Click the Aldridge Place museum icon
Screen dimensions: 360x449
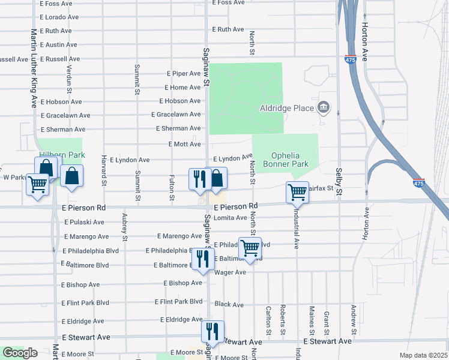(324, 107)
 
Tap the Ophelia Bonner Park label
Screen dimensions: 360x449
(285, 159)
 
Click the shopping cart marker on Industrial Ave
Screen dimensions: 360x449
(297, 192)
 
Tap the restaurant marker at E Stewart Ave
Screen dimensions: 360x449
(212, 331)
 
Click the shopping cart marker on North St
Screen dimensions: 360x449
(250, 247)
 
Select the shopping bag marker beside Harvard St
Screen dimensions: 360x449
(71, 176)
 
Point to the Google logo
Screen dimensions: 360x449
(20, 353)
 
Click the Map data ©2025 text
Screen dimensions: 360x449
(423, 355)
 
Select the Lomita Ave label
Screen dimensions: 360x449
(231, 218)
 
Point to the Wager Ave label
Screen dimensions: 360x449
(231, 272)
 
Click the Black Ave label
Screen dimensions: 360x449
(229, 305)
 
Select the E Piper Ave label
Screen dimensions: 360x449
(183, 73)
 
